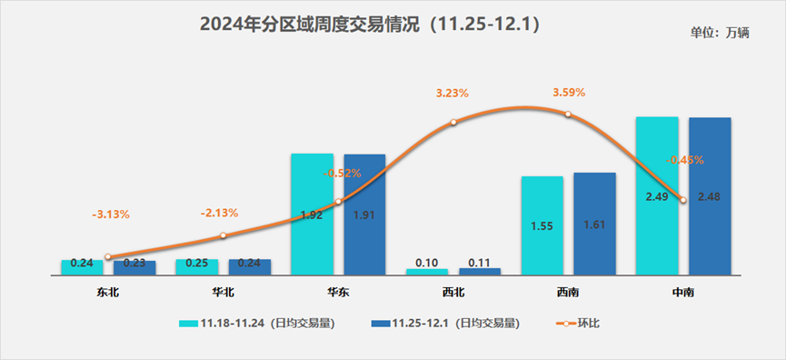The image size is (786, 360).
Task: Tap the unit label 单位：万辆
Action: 719,33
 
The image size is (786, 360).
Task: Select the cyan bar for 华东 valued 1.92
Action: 312,214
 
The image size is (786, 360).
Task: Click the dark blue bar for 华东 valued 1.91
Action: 364,214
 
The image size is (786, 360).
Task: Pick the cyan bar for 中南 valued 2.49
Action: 657,195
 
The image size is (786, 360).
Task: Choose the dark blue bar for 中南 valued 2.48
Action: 710,195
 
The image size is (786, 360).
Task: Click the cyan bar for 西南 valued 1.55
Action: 542,225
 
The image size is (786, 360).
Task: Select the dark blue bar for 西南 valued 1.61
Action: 594,224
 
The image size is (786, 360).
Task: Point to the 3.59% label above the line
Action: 569,93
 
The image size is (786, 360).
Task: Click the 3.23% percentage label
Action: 453,93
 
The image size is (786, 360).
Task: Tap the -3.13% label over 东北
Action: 111,215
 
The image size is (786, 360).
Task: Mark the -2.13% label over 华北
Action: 219,213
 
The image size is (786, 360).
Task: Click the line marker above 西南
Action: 568,115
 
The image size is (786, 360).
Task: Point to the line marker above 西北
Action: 453,122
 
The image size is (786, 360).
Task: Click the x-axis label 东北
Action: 107,292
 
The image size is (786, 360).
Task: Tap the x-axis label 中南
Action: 683,292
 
